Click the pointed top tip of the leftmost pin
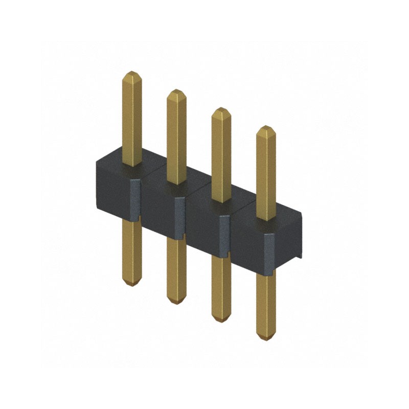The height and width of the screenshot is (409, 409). click(132, 73)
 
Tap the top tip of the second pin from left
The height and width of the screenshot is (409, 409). click(176, 91)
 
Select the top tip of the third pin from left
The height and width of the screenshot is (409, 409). click(221, 109)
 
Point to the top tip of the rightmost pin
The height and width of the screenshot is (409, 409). click(266, 127)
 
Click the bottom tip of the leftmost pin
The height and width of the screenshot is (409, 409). click(132, 284)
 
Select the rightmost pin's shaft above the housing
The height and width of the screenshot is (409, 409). click(266, 174)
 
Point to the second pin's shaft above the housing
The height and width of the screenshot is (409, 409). click(176, 138)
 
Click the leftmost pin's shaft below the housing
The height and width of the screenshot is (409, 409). click(132, 251)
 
